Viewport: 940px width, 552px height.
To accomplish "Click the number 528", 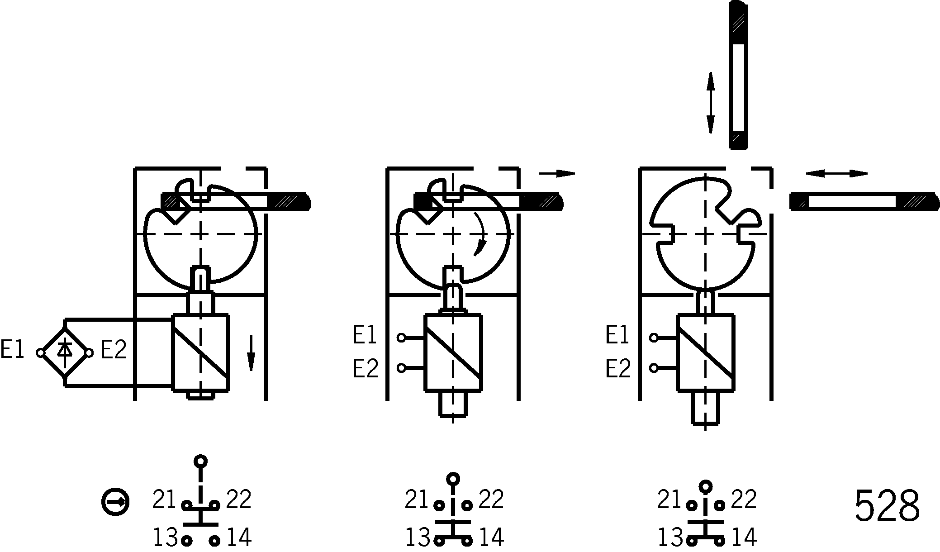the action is pyautogui.click(x=887, y=505).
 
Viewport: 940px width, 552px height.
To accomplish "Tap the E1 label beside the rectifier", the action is pyautogui.click(x=12, y=350).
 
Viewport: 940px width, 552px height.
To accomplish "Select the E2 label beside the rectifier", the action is pyautogui.click(x=113, y=350).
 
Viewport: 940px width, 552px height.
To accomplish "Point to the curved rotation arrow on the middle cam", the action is pyautogui.click(x=480, y=234).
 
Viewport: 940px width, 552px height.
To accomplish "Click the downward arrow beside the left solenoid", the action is pyautogui.click(x=251, y=353).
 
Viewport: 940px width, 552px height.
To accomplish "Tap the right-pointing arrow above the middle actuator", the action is pyautogui.click(x=556, y=173).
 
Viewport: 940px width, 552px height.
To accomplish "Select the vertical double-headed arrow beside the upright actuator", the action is pyautogui.click(x=711, y=103).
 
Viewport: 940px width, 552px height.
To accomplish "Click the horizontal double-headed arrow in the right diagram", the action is pyautogui.click(x=836, y=174).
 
